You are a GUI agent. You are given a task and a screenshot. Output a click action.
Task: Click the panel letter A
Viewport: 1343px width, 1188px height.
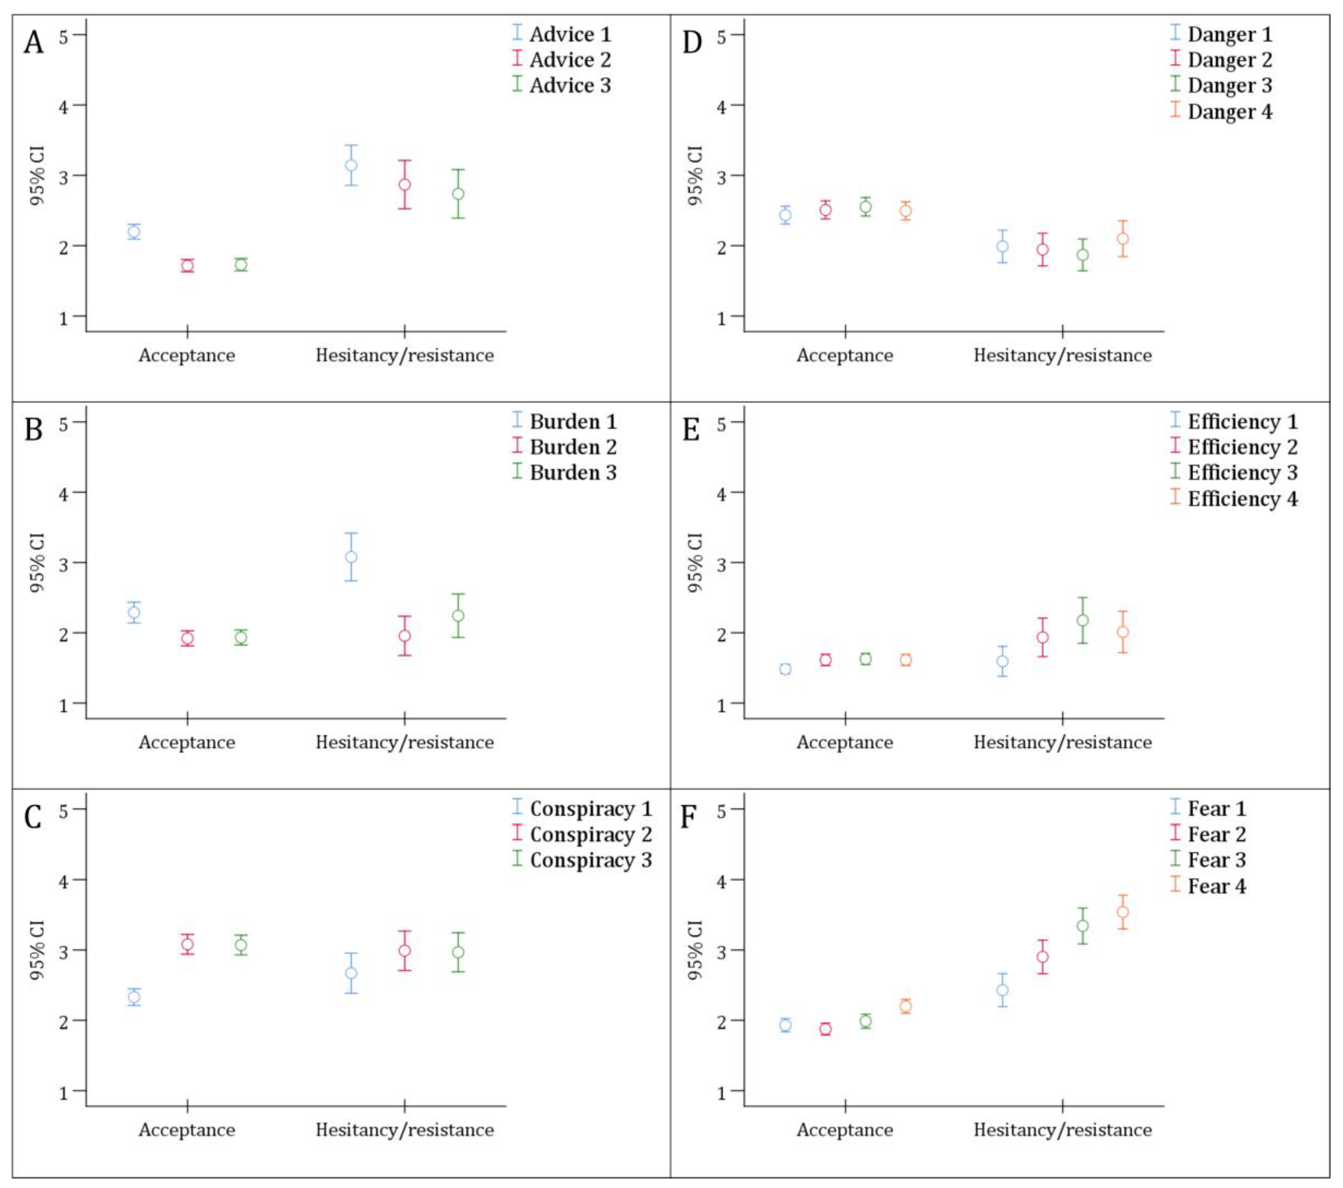(x=33, y=43)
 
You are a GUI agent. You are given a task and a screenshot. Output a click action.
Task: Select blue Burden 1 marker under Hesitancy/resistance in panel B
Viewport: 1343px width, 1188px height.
(x=351, y=557)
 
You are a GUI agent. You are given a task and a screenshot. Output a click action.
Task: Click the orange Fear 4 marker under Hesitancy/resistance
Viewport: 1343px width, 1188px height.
(x=1123, y=912)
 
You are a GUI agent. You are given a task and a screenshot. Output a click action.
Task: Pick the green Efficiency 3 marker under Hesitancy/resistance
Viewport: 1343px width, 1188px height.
(x=1083, y=620)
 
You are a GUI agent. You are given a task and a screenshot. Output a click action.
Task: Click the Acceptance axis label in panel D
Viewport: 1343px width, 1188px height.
(x=845, y=355)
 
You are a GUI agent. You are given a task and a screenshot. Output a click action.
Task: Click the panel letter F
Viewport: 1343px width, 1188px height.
(x=688, y=817)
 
